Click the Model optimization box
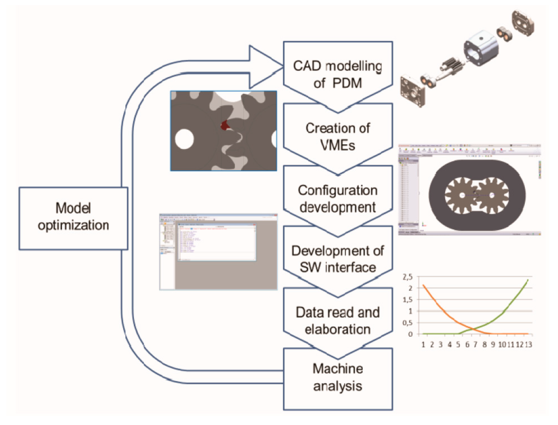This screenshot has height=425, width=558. click(73, 218)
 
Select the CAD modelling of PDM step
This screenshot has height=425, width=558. click(338, 75)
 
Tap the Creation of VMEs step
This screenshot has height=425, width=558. click(338, 137)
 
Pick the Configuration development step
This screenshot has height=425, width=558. click(338, 199)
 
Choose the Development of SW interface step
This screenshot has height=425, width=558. click(338, 259)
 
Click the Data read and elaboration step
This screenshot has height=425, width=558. click(338, 320)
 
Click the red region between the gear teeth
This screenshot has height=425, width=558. click(224, 125)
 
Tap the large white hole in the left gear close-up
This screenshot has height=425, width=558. click(184, 139)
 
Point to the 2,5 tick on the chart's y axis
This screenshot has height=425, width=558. click(407, 277)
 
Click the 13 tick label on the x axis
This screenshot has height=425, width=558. click(528, 344)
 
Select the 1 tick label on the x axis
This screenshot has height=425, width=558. click(423, 344)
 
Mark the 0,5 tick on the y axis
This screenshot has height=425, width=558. click(407, 323)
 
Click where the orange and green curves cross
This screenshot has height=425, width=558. click(472, 329)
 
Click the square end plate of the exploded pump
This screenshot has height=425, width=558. click(412, 91)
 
